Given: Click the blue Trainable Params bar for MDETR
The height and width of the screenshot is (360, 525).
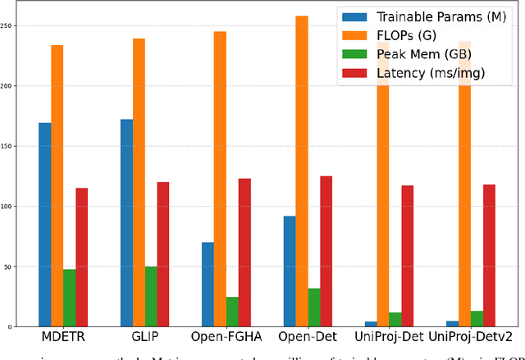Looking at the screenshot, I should tap(44, 225).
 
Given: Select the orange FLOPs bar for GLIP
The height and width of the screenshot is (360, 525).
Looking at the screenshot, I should tap(139, 181).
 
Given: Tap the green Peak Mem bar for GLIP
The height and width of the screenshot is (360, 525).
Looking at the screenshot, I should tap(151, 296).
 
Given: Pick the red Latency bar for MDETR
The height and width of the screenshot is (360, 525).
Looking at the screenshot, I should tap(82, 257).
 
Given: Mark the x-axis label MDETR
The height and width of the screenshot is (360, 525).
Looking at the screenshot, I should tap(63, 338).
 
